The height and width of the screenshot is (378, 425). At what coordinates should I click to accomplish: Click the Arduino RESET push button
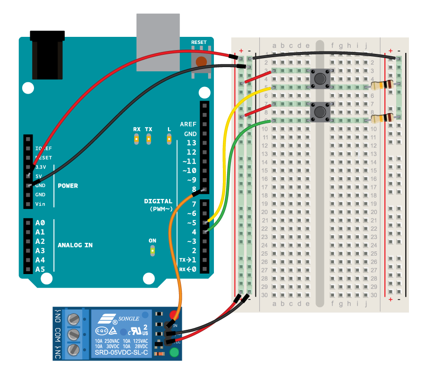[x=202, y=61]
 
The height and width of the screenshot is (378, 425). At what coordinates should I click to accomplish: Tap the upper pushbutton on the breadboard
[x=320, y=78]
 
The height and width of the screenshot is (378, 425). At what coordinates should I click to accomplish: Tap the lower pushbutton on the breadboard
[x=320, y=112]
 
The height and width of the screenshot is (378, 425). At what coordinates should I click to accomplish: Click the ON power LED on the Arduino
[x=153, y=250]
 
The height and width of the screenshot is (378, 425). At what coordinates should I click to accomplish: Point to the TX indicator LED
[x=149, y=138]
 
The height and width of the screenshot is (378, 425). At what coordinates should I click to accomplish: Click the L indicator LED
[x=169, y=138]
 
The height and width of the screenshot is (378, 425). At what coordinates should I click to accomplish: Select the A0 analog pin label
[x=40, y=223]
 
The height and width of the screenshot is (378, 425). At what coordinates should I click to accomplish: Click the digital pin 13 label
[x=191, y=143]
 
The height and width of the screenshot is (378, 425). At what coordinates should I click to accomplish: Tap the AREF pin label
[x=188, y=124]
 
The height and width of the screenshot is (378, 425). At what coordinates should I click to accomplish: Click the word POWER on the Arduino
[x=68, y=186]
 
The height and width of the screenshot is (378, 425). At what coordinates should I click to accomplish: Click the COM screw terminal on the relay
[x=73, y=334]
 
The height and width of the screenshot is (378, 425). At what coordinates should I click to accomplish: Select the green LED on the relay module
[x=174, y=352]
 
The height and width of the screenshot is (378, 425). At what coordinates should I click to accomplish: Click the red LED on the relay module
[x=174, y=315]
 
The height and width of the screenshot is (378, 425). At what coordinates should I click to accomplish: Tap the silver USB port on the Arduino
[x=158, y=42]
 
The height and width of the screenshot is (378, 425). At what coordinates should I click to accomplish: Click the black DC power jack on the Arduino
[x=47, y=59]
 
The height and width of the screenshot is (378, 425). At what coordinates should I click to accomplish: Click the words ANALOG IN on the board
[x=75, y=245]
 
